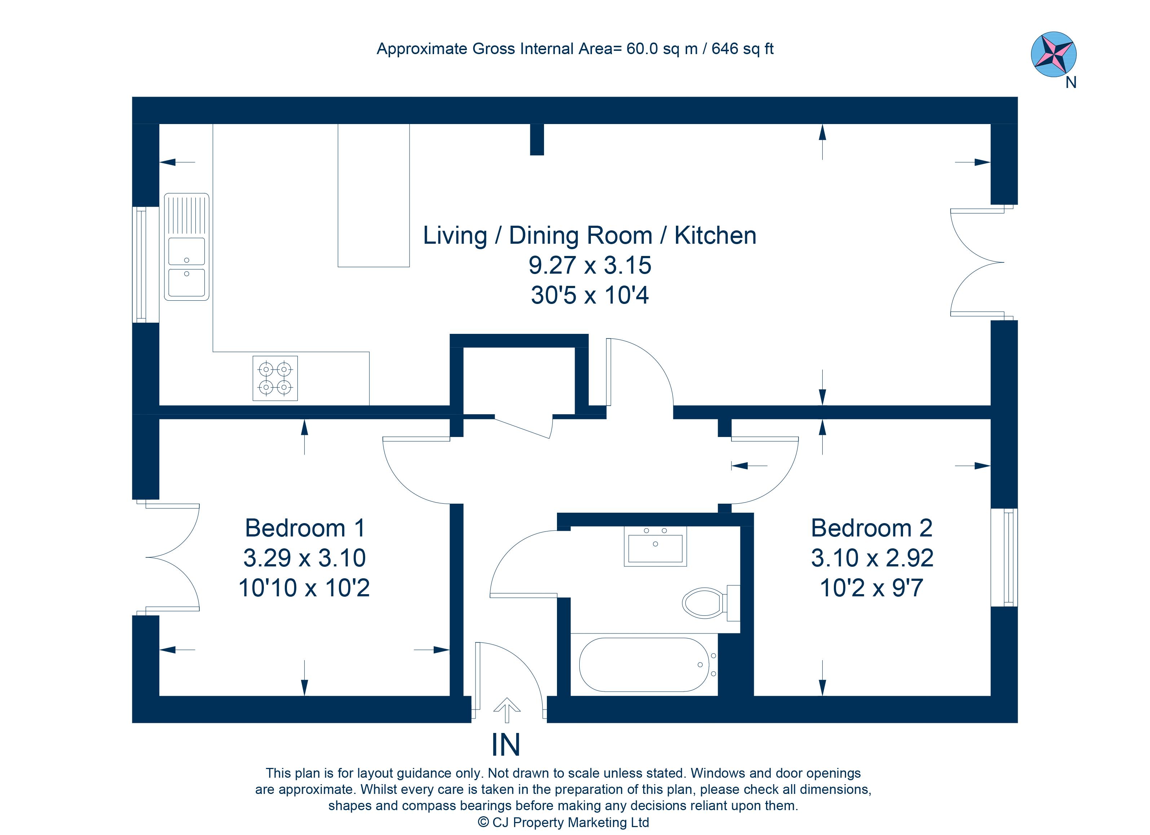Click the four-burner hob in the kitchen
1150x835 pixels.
(x=275, y=378)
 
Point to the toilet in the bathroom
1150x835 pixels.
(x=711, y=603)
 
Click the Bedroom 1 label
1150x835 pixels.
(x=305, y=528)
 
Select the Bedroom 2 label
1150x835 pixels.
(x=872, y=528)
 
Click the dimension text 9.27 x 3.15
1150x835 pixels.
(x=590, y=265)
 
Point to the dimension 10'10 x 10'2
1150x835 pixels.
(x=304, y=588)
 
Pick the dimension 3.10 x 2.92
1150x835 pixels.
(x=872, y=558)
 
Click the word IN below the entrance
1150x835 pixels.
(x=505, y=745)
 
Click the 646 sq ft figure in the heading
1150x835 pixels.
(x=742, y=49)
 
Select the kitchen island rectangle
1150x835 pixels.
(x=374, y=195)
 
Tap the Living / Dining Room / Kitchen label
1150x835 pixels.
(x=590, y=236)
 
